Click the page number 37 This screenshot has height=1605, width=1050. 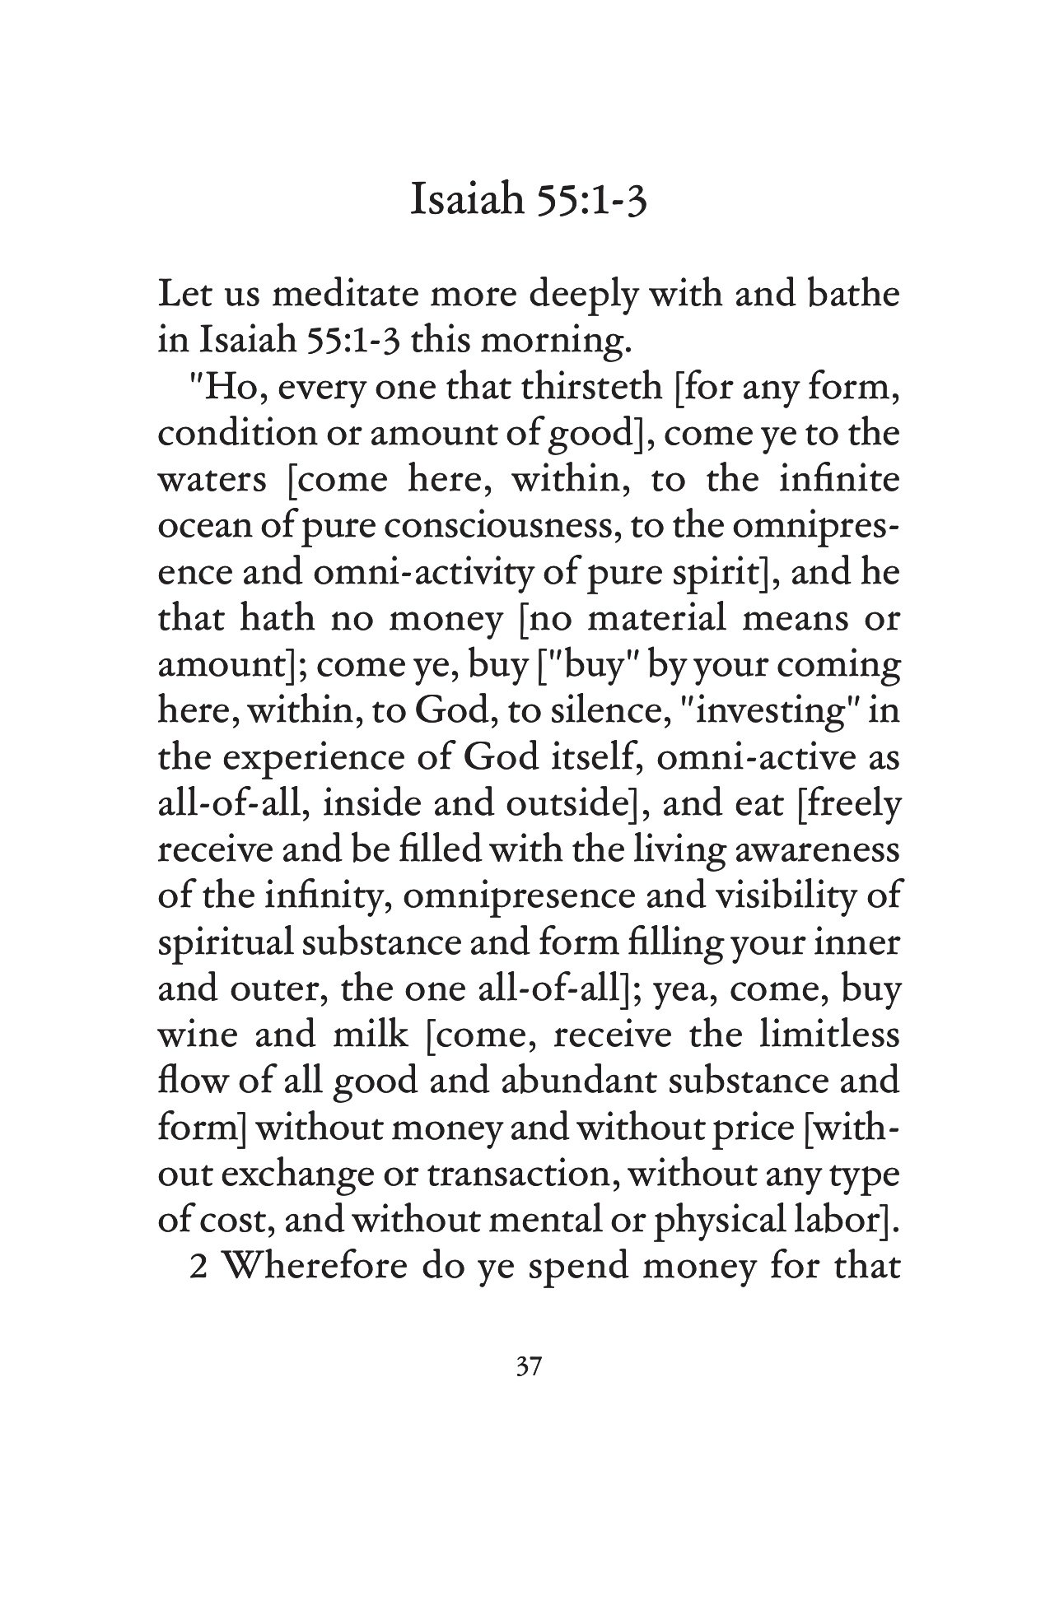tap(528, 1367)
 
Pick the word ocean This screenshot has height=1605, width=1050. tap(196, 526)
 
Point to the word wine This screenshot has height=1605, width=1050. tap(191, 1033)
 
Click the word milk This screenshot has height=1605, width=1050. tap(370, 1033)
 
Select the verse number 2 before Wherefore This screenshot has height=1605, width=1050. tap(198, 1263)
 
